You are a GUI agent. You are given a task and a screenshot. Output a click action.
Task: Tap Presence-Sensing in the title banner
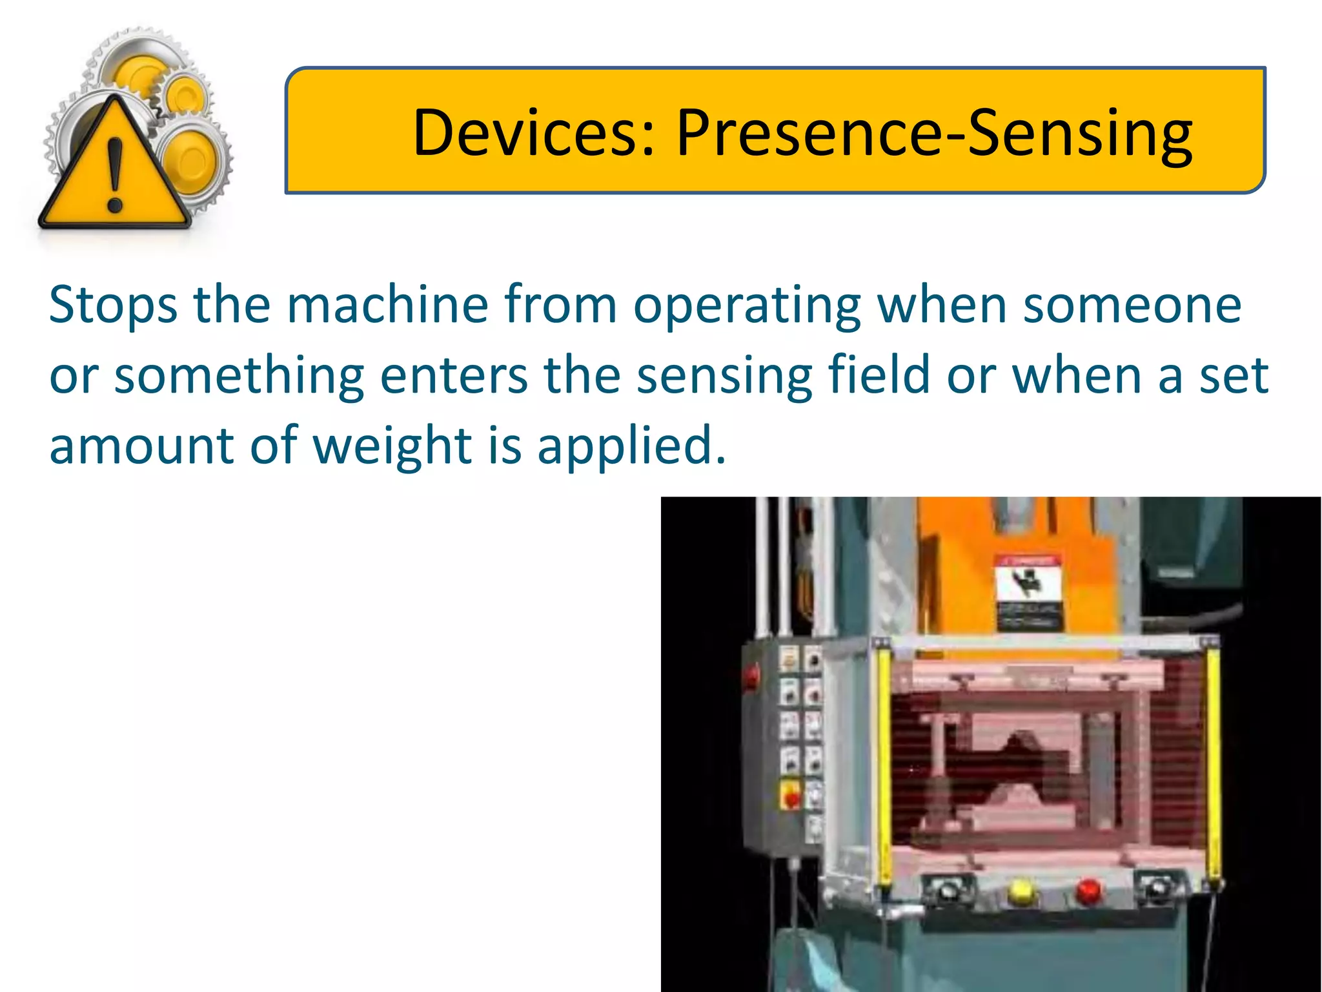click(x=934, y=134)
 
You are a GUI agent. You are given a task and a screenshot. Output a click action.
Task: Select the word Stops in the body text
click(x=113, y=305)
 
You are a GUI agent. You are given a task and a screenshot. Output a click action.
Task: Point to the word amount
click(x=141, y=446)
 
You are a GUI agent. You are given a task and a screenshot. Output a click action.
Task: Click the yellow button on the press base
click(x=1020, y=892)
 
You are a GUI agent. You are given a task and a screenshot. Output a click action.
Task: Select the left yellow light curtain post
click(x=884, y=762)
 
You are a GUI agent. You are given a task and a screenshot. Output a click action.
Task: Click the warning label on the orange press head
click(x=1028, y=591)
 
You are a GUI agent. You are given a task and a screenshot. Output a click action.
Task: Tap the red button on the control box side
click(x=751, y=676)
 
